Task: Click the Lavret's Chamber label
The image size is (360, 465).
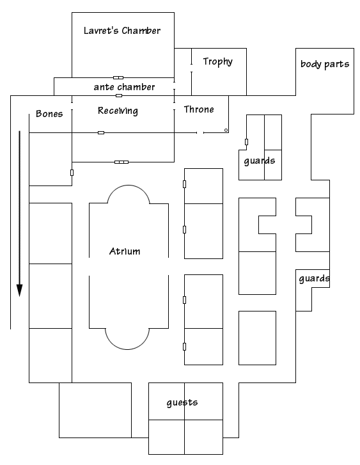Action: click(x=122, y=31)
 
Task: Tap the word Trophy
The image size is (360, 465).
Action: click(x=217, y=61)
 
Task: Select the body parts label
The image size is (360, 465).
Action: click(x=325, y=64)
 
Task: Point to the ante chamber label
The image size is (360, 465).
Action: click(x=124, y=87)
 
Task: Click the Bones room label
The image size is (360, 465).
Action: click(x=49, y=114)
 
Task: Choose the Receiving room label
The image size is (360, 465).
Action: click(x=118, y=111)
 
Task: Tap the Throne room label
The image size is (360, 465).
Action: click(x=199, y=109)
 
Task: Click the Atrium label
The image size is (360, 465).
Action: click(x=125, y=251)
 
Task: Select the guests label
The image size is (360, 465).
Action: click(x=182, y=402)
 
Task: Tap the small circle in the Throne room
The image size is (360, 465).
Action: click(x=226, y=130)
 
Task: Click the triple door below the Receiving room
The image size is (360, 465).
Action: click(x=121, y=162)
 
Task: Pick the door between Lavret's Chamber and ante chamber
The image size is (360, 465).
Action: click(x=118, y=77)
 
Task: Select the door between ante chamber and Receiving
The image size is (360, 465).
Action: click(x=119, y=95)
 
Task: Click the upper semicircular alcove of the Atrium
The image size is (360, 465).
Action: click(x=129, y=186)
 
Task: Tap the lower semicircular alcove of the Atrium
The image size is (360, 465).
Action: click(x=127, y=349)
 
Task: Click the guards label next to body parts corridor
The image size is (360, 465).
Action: click(x=315, y=278)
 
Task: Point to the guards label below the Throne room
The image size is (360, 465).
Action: click(x=260, y=161)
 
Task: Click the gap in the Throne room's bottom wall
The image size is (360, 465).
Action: click(x=200, y=132)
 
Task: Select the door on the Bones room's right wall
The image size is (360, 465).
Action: click(x=72, y=173)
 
